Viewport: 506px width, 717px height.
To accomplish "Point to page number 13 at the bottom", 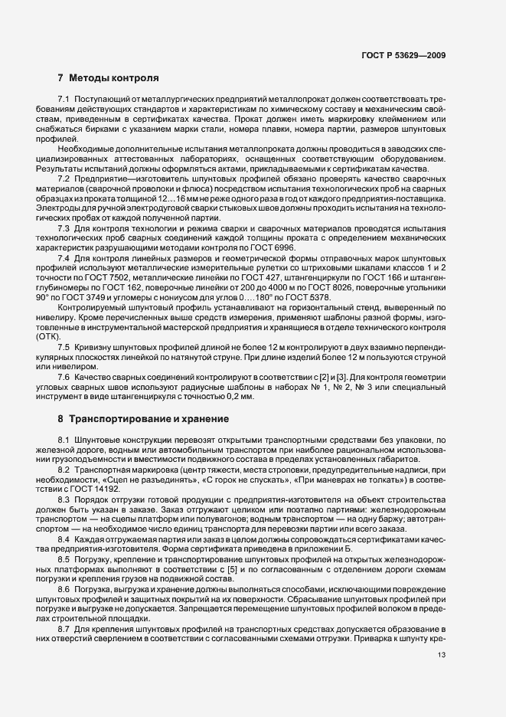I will click(442, 655).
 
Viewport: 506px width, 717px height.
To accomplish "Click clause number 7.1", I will click(64, 102).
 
